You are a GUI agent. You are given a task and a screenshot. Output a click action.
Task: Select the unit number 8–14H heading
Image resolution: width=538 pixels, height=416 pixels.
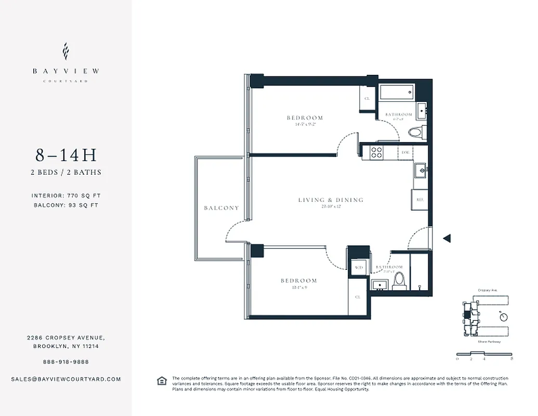coord(65,155)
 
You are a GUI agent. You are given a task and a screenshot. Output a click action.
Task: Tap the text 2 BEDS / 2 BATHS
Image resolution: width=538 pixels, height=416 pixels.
coord(65,172)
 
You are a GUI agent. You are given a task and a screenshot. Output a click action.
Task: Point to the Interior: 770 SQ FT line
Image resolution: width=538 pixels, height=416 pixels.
coord(65,196)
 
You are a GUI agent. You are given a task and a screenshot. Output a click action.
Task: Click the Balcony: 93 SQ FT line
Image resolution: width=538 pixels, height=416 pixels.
coord(65,205)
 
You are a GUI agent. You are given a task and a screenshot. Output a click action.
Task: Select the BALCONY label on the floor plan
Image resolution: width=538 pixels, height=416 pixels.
coord(221,208)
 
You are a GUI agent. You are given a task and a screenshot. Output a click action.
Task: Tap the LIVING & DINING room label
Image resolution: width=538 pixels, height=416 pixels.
coord(331,200)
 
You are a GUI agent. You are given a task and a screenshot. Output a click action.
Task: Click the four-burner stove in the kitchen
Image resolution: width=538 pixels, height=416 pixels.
coord(376,152)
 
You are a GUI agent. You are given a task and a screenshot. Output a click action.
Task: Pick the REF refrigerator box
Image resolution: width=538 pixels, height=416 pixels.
coord(419,198)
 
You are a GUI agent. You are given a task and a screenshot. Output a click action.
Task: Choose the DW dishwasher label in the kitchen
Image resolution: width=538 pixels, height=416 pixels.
coord(405,152)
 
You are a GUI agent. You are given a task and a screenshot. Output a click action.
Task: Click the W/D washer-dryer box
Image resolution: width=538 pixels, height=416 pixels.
coord(359,267)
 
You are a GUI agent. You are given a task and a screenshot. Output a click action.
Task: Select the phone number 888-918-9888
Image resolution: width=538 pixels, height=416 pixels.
coord(65,362)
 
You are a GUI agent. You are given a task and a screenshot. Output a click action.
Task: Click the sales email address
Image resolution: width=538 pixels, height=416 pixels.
coord(65,379)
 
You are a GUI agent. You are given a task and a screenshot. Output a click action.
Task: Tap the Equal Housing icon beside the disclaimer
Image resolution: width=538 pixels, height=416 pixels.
coord(162,381)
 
